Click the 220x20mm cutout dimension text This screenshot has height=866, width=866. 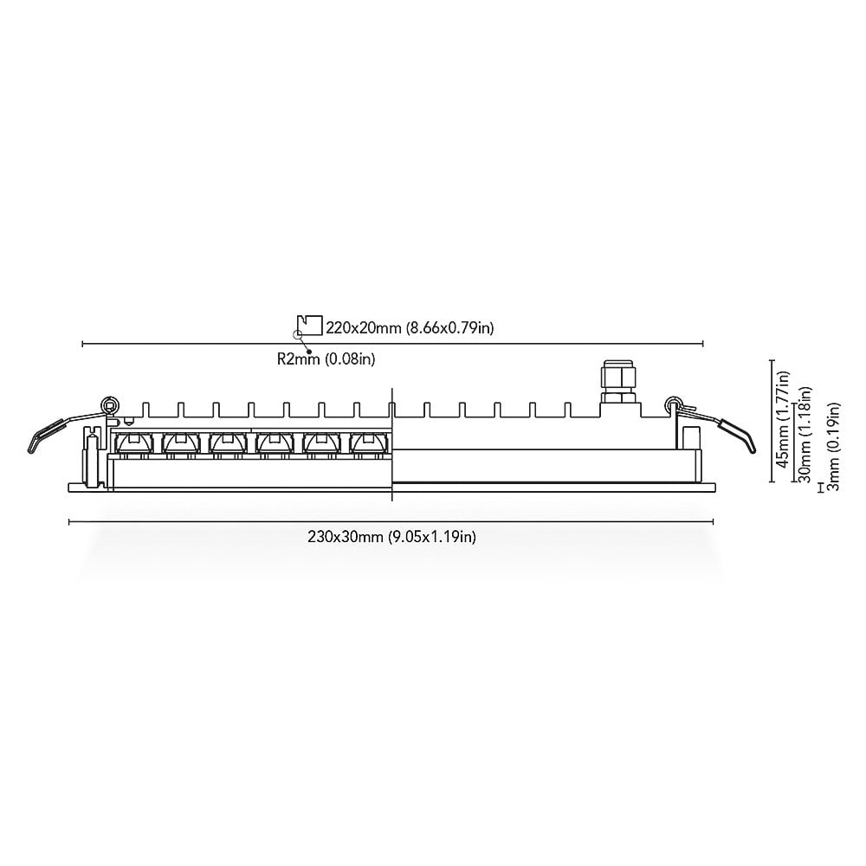[x=410, y=328]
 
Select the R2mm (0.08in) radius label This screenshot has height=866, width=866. [x=326, y=359]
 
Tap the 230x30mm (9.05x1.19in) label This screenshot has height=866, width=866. [x=391, y=536]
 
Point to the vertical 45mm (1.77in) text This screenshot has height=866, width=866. [x=783, y=419]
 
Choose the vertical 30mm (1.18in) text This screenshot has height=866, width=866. [x=805, y=434]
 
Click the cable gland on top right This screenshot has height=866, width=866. [x=621, y=382]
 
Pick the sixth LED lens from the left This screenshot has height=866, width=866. [x=366, y=443]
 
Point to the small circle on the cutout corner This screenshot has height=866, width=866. [x=297, y=334]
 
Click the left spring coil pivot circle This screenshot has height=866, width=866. [x=111, y=404]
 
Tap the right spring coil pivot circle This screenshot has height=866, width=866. [x=673, y=404]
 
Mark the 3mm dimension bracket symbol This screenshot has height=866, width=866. [x=821, y=488]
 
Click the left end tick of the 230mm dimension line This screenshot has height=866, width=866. [x=69, y=521]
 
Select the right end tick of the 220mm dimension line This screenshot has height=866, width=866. [x=702, y=344]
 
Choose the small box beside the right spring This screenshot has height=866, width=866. [x=691, y=438]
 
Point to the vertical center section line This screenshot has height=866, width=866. [x=392, y=444]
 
